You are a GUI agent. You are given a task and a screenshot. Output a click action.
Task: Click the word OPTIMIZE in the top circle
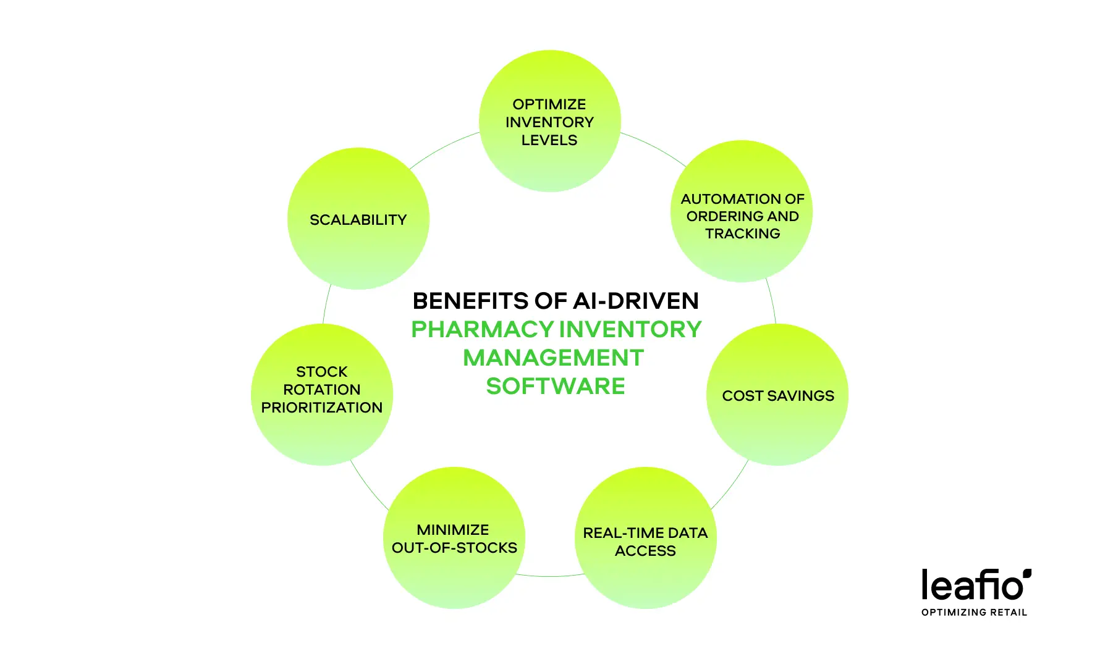point(549,104)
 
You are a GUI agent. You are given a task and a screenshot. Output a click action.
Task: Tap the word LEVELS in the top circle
point(549,140)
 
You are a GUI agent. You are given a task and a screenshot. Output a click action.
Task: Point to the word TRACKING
point(743,233)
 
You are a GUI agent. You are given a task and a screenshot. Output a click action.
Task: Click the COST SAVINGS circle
point(777,395)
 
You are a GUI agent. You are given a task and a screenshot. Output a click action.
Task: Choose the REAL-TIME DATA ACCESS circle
point(646,538)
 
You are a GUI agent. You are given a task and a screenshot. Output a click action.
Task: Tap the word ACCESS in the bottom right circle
point(645,551)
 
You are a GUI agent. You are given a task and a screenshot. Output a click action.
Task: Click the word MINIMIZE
point(453,530)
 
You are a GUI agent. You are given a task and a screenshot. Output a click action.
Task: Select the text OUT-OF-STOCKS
point(454,548)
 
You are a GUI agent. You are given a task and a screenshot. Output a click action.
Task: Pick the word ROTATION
point(322,390)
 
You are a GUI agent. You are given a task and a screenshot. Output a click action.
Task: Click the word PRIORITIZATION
point(322,408)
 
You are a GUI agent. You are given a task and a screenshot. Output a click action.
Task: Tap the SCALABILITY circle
point(358,219)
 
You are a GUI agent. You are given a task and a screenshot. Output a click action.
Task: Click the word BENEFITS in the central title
point(471,301)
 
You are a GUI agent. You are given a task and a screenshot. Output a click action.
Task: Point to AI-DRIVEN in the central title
point(636,301)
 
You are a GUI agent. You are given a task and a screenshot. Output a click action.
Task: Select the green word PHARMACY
point(483,329)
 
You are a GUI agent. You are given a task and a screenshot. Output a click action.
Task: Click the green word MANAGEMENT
point(554,358)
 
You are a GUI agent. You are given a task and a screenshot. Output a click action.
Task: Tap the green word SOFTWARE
point(556,386)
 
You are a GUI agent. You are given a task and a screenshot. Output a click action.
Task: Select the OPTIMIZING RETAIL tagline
point(975,612)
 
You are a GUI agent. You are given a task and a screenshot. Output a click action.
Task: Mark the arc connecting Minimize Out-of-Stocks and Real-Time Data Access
point(550,576)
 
